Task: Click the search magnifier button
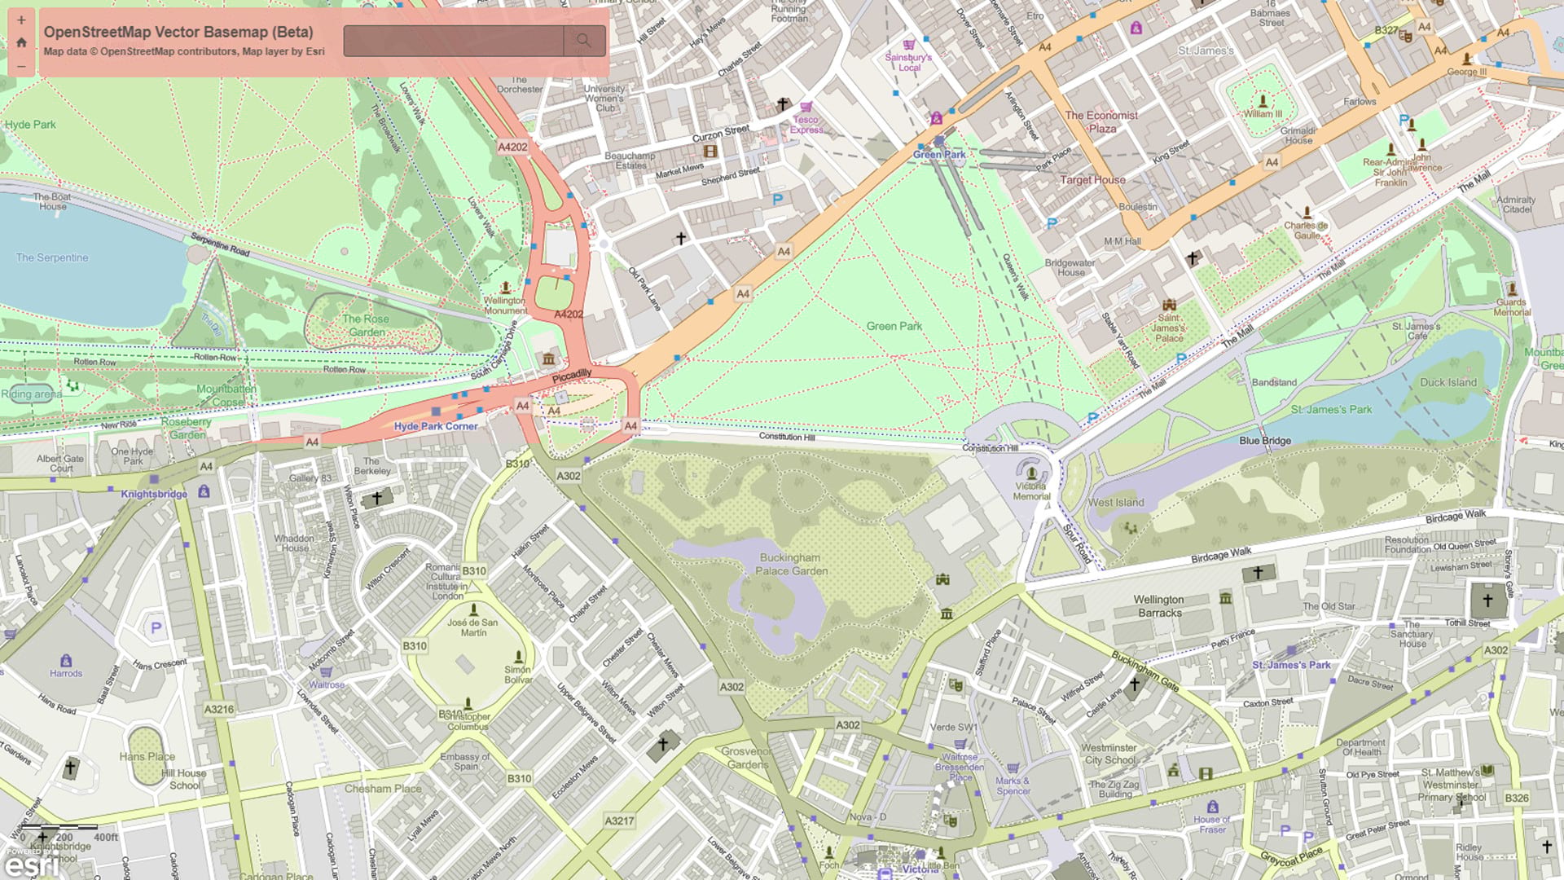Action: coord(583,41)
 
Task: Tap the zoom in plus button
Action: coord(21,20)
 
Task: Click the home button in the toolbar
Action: coord(21,42)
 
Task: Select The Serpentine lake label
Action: coord(52,257)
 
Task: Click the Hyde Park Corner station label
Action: coord(436,426)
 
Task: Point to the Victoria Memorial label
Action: coord(1031,491)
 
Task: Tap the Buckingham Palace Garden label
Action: coord(791,564)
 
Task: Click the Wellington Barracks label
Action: coord(1159,605)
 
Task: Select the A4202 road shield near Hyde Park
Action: coord(512,147)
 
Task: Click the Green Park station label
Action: coord(939,154)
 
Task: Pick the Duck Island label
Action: coord(1448,382)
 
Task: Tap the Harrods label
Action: coord(66,673)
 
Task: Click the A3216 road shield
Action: coord(218,709)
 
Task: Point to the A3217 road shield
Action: coord(619,821)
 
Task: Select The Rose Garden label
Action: coord(366,325)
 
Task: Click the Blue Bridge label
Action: coord(1264,441)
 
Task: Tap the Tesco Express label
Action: coord(806,124)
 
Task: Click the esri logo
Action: coord(33,865)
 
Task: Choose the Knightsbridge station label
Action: coord(154,494)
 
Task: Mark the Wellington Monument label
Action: coord(505,305)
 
